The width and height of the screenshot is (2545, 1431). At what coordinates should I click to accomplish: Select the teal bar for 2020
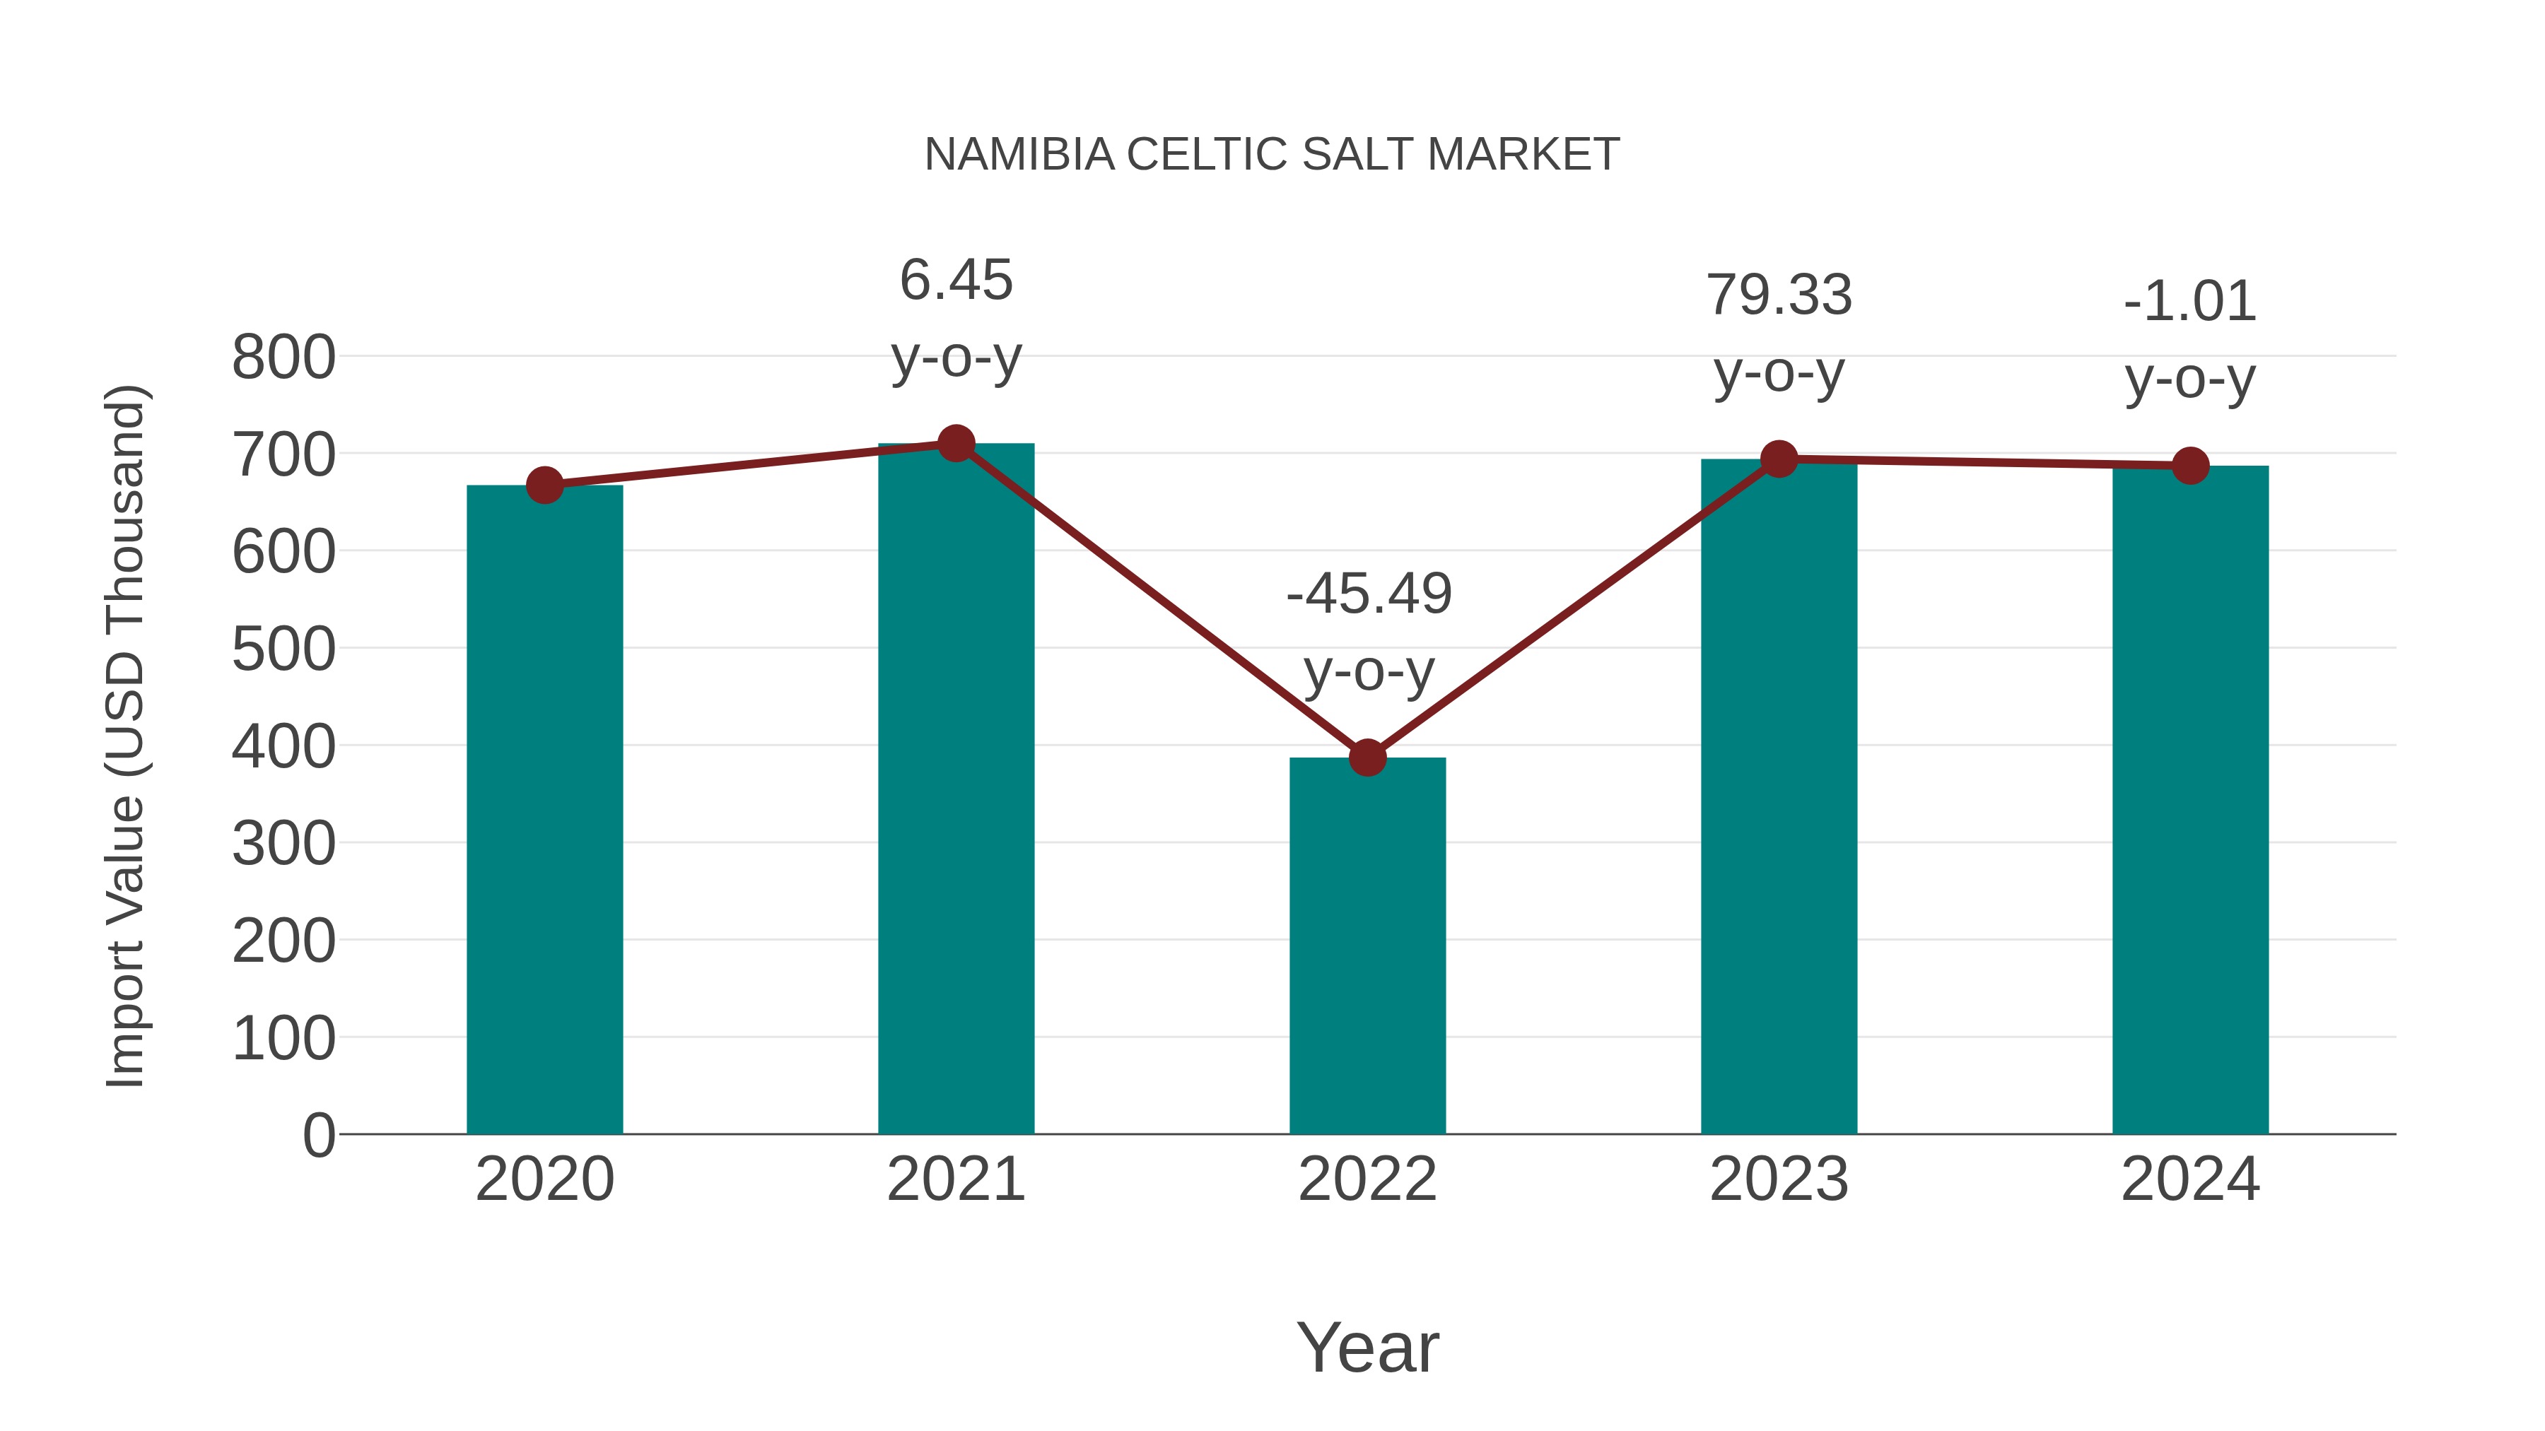(x=544, y=810)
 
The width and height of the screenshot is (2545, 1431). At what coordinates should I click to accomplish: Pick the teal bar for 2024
(x=2190, y=800)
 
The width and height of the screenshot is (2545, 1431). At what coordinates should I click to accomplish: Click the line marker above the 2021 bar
(x=955, y=443)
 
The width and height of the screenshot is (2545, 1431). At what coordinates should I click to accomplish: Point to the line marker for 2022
(x=1367, y=758)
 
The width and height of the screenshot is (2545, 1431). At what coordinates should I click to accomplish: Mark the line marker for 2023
(x=1779, y=459)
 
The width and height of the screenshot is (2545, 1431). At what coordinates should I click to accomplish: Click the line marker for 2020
(x=544, y=485)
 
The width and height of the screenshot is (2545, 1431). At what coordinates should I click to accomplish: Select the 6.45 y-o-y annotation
(x=955, y=318)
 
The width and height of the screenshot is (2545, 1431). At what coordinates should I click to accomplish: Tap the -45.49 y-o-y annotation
(x=1369, y=632)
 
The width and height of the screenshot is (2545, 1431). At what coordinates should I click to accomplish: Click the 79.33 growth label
(x=1779, y=334)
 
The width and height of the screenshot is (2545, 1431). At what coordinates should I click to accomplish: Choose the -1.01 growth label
(x=2190, y=340)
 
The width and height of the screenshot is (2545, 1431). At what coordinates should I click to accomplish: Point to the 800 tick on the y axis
(x=283, y=358)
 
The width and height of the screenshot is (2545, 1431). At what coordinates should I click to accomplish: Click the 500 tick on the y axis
(x=283, y=650)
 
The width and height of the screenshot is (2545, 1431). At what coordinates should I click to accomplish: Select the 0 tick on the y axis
(x=318, y=1135)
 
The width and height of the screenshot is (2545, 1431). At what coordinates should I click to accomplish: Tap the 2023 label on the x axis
(x=1779, y=1179)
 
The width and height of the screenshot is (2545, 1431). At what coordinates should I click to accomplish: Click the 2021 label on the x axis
(x=955, y=1179)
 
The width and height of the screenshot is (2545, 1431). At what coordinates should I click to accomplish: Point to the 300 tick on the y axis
(x=283, y=844)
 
